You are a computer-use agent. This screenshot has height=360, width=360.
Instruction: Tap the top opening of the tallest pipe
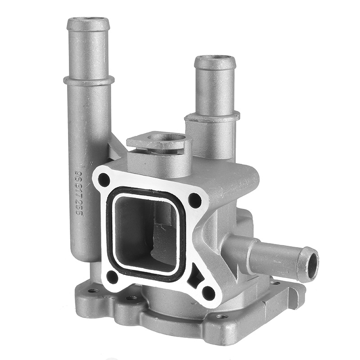pyautogui.click(x=88, y=20)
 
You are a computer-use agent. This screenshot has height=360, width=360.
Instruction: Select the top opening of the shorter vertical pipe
pyautogui.click(x=215, y=58)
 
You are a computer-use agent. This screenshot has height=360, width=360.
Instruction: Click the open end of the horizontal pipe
pyautogui.click(x=310, y=263)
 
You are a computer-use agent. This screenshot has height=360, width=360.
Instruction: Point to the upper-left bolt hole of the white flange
pyautogui.click(x=104, y=180)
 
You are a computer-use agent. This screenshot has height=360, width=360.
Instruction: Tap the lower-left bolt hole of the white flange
pyautogui.click(x=112, y=277)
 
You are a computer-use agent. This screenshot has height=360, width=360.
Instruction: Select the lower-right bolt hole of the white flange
pyautogui.click(x=208, y=292)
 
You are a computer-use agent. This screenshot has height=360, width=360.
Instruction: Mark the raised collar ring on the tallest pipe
pyautogui.click(x=88, y=81)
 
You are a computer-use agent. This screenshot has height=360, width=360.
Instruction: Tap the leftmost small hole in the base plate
pyautogui.click(x=93, y=290)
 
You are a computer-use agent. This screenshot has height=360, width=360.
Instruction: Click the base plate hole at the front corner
pyautogui.click(x=221, y=316)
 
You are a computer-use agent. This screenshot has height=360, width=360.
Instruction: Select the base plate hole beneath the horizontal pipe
pyautogui.click(x=276, y=283)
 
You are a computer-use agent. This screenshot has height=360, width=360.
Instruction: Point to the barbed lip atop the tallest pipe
pyautogui.click(x=88, y=24)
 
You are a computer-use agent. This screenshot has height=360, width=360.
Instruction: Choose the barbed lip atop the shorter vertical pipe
pyautogui.click(x=215, y=63)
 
